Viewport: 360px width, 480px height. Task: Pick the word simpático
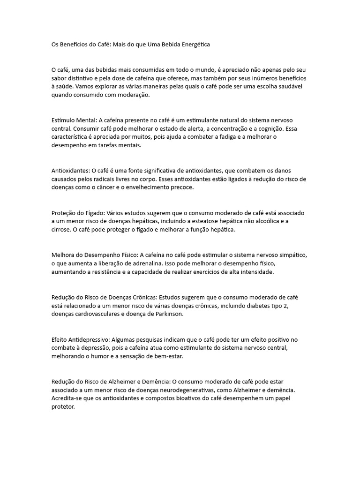click(x=290, y=255)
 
